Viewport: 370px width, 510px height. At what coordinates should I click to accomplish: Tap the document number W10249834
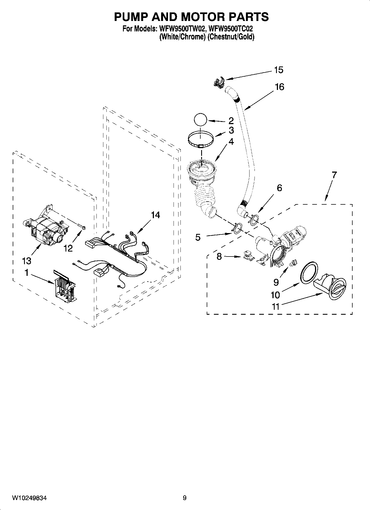29,498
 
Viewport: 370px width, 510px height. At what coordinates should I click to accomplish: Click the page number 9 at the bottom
185,498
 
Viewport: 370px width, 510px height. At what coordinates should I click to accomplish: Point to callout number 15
279,70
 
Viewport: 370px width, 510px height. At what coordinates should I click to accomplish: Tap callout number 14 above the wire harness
156,215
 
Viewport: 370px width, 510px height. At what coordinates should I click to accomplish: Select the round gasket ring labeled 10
309,273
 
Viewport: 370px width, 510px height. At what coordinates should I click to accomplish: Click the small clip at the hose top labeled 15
219,82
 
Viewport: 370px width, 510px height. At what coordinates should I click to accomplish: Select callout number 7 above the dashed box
334,175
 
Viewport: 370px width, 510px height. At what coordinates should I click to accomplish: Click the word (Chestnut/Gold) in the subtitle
231,37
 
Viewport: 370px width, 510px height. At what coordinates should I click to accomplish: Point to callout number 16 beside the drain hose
279,87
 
